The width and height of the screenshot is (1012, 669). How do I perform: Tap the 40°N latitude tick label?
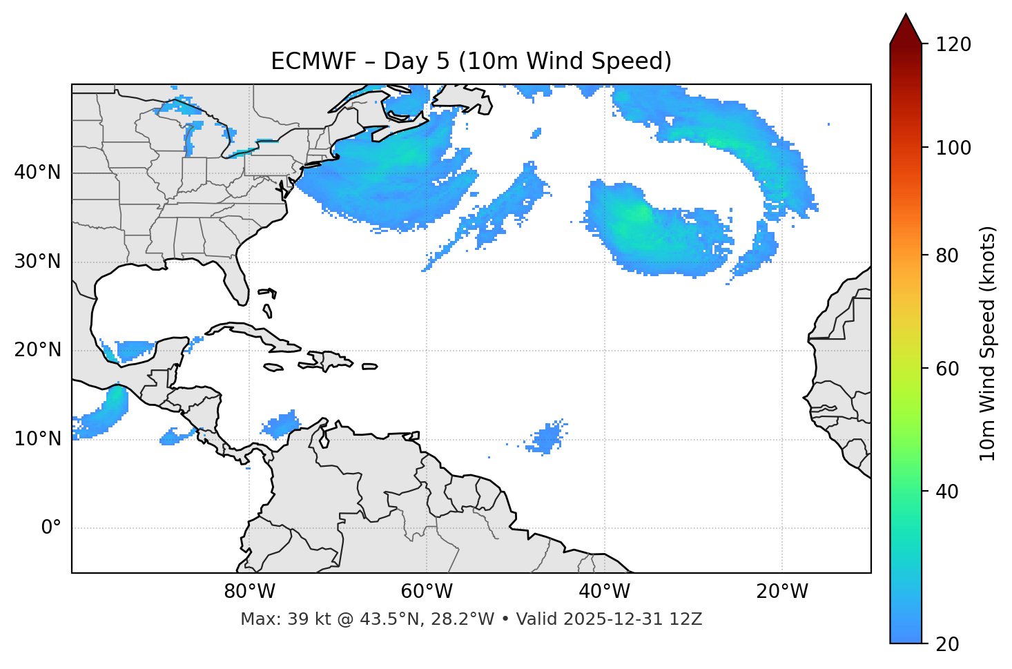[37, 173]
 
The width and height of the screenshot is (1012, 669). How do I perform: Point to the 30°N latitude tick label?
[37, 262]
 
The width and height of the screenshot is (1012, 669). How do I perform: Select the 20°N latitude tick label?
[37, 350]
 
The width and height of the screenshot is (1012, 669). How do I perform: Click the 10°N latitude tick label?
[37, 439]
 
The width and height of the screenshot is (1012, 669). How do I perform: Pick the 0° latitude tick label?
[51, 528]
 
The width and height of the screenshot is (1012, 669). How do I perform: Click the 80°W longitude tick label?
[249, 592]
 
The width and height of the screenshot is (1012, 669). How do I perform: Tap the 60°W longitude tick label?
[427, 592]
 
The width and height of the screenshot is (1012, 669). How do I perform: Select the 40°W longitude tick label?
[604, 592]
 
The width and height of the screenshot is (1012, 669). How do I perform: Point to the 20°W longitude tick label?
[781, 592]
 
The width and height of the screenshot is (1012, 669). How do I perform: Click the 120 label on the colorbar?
[953, 44]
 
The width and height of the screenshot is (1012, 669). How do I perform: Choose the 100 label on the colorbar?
[953, 148]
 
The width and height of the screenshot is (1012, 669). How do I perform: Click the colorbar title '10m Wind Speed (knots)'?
[988, 344]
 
